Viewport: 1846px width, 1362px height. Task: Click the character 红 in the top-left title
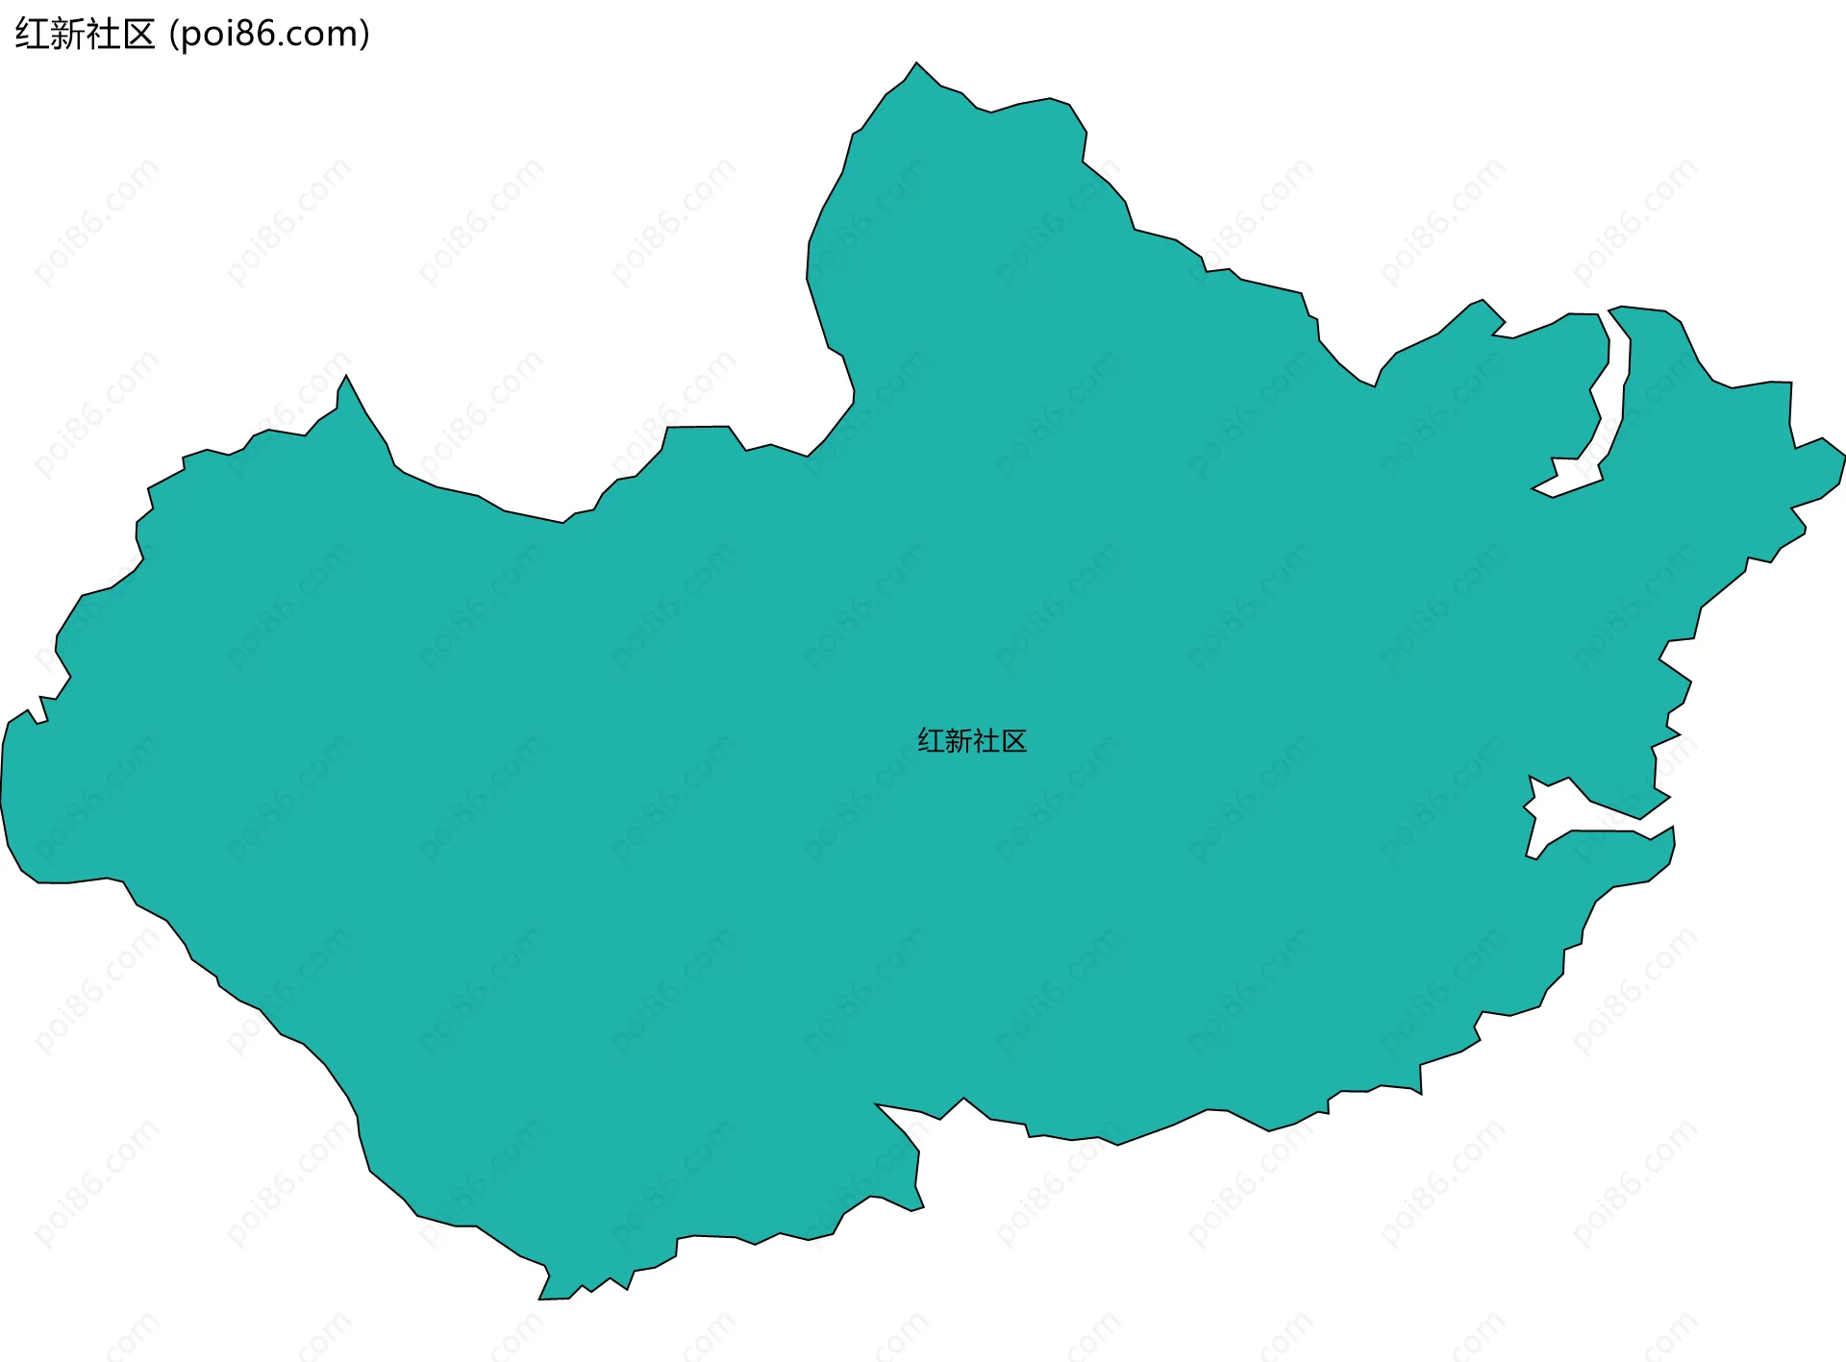(x=33, y=35)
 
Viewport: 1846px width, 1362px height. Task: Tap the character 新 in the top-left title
(x=68, y=35)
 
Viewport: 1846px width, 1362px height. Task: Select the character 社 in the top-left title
(x=104, y=35)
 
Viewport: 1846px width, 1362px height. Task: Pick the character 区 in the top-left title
(x=138, y=35)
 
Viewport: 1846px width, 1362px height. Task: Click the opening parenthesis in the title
(x=173, y=35)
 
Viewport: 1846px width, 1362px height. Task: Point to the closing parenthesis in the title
(x=364, y=35)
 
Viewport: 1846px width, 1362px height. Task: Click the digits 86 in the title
(x=256, y=35)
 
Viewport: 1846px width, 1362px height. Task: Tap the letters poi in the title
(x=206, y=35)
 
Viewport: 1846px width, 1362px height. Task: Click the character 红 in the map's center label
(x=931, y=741)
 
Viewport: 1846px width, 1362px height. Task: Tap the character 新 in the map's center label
(x=959, y=741)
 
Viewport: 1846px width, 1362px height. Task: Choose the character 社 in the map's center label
(x=986, y=741)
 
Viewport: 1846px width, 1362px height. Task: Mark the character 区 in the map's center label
(x=1014, y=741)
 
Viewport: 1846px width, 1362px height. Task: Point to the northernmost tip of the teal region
(x=916, y=64)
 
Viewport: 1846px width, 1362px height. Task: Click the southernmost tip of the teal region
(x=540, y=1298)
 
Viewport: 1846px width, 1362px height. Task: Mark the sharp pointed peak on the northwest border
(x=346, y=378)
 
